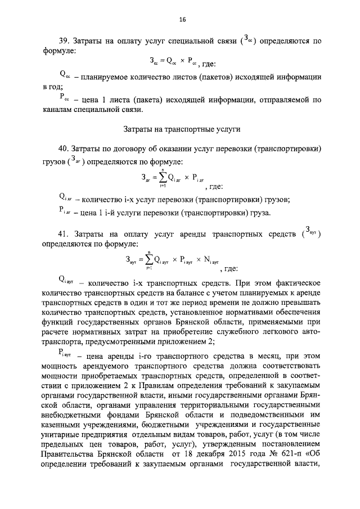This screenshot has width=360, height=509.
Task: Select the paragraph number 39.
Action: point(65,41)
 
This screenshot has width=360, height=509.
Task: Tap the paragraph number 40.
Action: point(65,148)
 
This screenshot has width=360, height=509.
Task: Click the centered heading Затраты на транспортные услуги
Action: point(182,129)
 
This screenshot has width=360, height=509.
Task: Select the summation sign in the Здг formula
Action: point(162,178)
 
